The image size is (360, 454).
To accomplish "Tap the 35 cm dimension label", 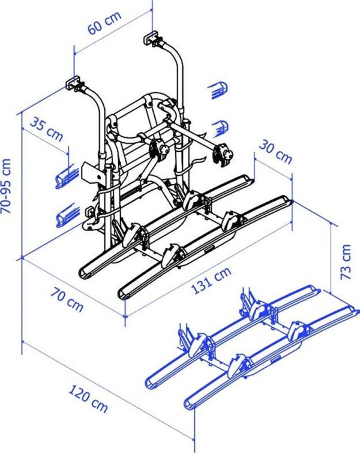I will coord(46,130).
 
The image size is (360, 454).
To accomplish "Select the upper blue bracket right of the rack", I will coord(220,91).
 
